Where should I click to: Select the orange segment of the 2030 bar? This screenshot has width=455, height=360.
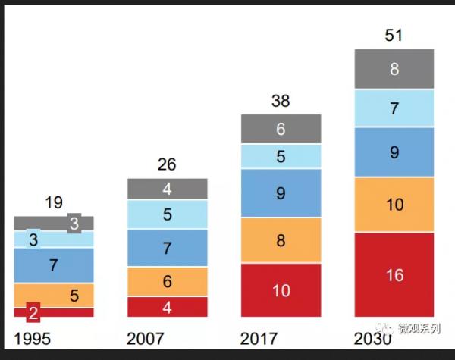click(394, 205)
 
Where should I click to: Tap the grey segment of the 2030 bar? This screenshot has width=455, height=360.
click(394, 69)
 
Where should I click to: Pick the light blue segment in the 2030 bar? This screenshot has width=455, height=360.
click(394, 108)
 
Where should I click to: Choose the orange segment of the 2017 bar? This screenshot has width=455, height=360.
click(281, 240)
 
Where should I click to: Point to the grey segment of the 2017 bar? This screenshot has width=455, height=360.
click(281, 130)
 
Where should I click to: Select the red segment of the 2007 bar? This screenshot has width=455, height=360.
click(167, 307)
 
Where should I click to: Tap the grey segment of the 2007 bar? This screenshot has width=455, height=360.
click(167, 189)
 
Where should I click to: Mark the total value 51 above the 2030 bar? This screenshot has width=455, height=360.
click(394, 36)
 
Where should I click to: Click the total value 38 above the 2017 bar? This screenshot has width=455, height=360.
click(281, 102)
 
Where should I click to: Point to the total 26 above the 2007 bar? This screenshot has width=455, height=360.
click(167, 164)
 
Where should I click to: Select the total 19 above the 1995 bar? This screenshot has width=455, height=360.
click(53, 202)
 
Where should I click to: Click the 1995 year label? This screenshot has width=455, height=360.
click(32, 339)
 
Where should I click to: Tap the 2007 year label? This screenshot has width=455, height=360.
click(146, 339)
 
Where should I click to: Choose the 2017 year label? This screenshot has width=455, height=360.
click(259, 339)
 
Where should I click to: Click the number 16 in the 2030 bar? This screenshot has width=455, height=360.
click(394, 276)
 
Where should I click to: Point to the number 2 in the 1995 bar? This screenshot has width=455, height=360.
click(33, 311)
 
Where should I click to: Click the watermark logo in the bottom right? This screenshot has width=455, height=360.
click(388, 328)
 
